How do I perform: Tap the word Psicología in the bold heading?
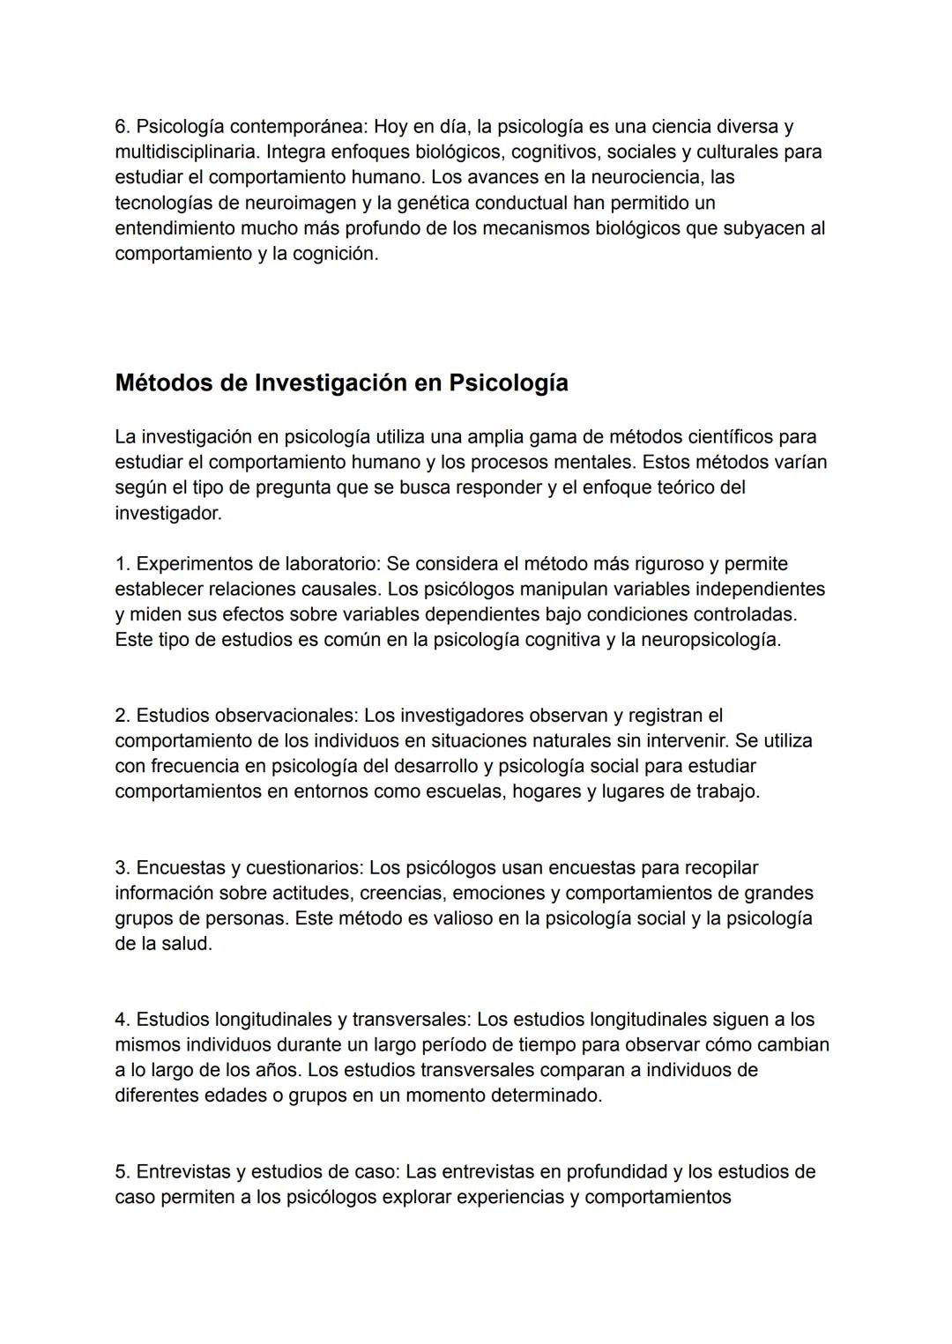point(509,384)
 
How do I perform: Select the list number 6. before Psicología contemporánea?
point(123,127)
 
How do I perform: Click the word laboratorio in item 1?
point(338,564)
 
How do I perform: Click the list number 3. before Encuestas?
point(123,869)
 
